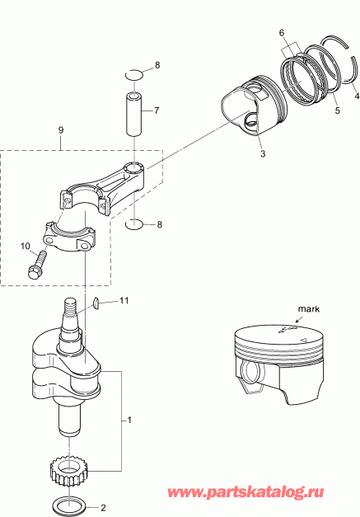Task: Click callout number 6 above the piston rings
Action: (282, 32)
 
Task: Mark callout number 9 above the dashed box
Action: (60, 130)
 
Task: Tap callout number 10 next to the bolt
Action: (24, 246)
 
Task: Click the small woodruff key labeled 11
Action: (96, 303)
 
